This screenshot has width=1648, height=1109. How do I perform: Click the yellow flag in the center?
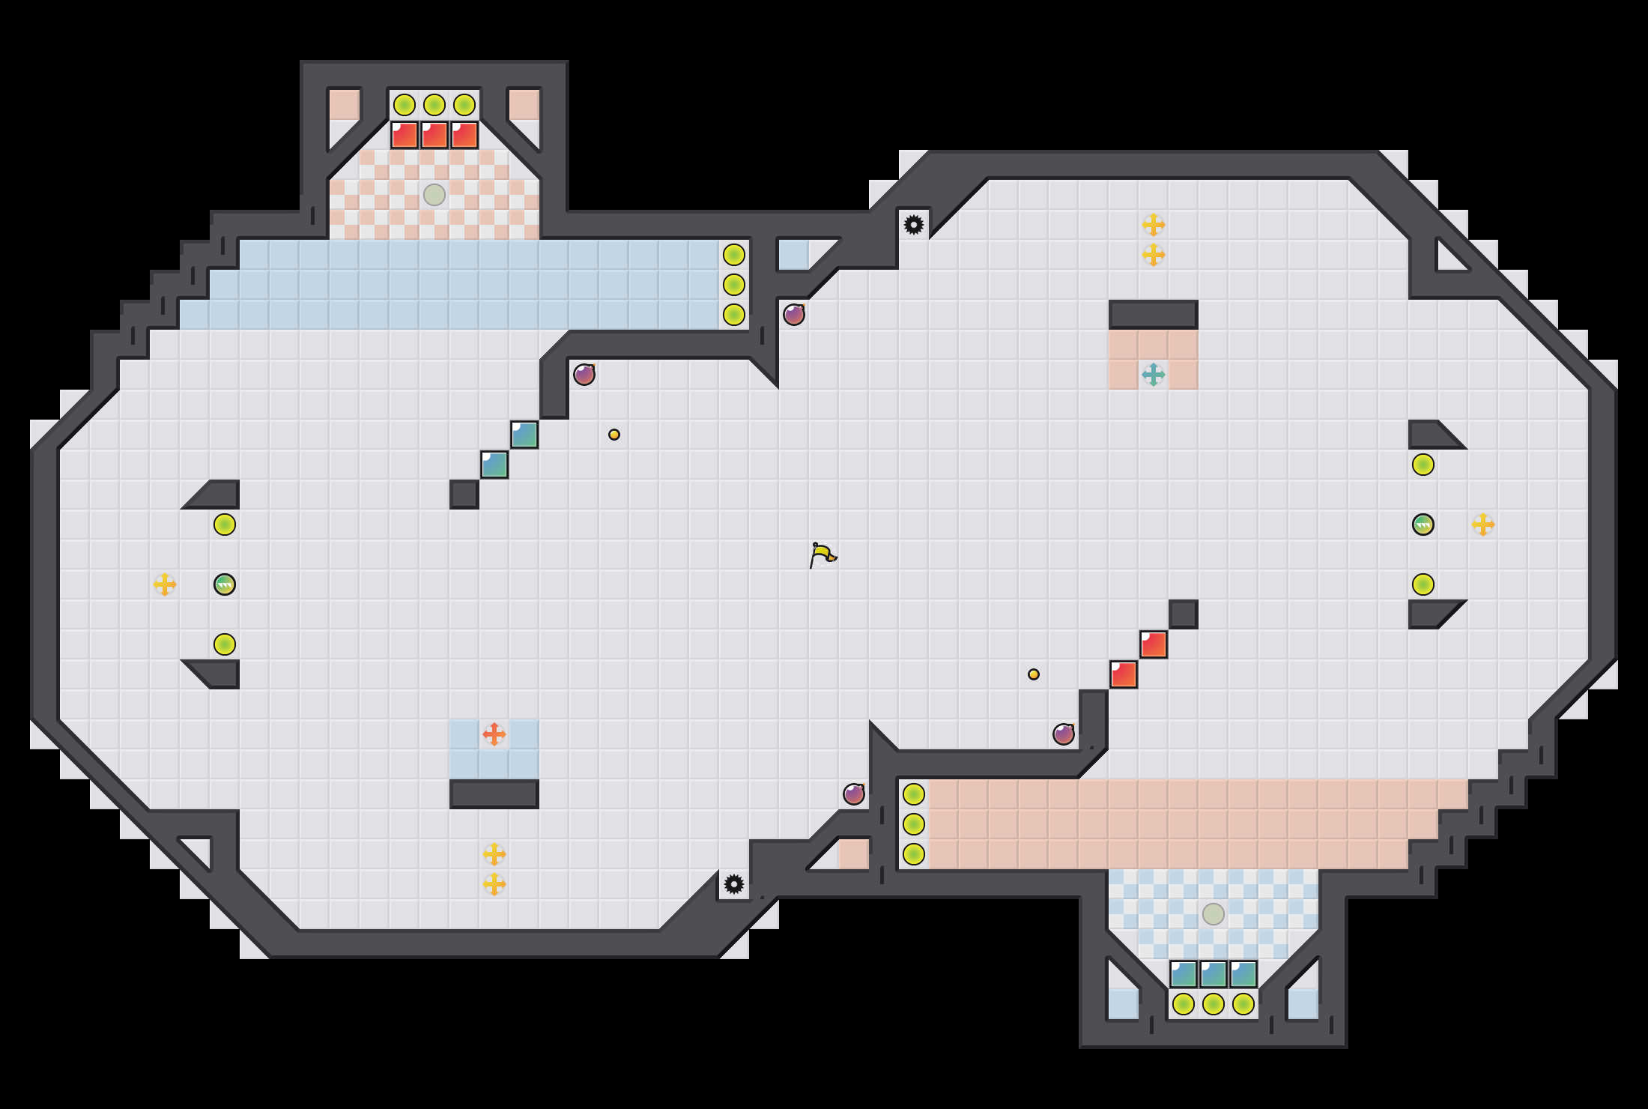[823, 555]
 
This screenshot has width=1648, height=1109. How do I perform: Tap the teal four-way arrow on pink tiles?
[1154, 374]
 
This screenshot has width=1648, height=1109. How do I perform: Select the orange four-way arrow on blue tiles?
[494, 734]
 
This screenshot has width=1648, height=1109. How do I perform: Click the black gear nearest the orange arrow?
[734, 884]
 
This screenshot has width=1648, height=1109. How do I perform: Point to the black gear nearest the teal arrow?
[914, 225]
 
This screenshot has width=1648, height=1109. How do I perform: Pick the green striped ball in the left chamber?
[225, 584]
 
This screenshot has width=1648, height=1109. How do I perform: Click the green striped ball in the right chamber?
[1423, 525]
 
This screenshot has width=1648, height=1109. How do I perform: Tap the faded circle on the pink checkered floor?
[434, 195]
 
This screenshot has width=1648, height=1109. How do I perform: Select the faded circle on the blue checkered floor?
[1214, 914]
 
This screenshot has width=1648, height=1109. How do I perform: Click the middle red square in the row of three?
[434, 135]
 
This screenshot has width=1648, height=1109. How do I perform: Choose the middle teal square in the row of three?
[1214, 974]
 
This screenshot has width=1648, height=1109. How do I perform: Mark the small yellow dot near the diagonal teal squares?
[614, 435]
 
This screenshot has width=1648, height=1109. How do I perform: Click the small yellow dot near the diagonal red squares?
[1034, 674]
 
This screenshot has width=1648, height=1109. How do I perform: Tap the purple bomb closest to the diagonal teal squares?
[584, 374]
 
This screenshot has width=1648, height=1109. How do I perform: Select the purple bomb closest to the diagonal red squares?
[1064, 734]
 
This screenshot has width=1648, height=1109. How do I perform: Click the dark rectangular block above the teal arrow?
[1154, 315]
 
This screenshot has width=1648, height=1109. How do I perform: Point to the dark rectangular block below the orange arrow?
[494, 794]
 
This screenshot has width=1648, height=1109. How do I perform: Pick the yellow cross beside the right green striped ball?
[1483, 525]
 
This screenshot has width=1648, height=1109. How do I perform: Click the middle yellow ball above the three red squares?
[434, 105]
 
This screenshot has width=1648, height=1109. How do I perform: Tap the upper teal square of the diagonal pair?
[524, 435]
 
